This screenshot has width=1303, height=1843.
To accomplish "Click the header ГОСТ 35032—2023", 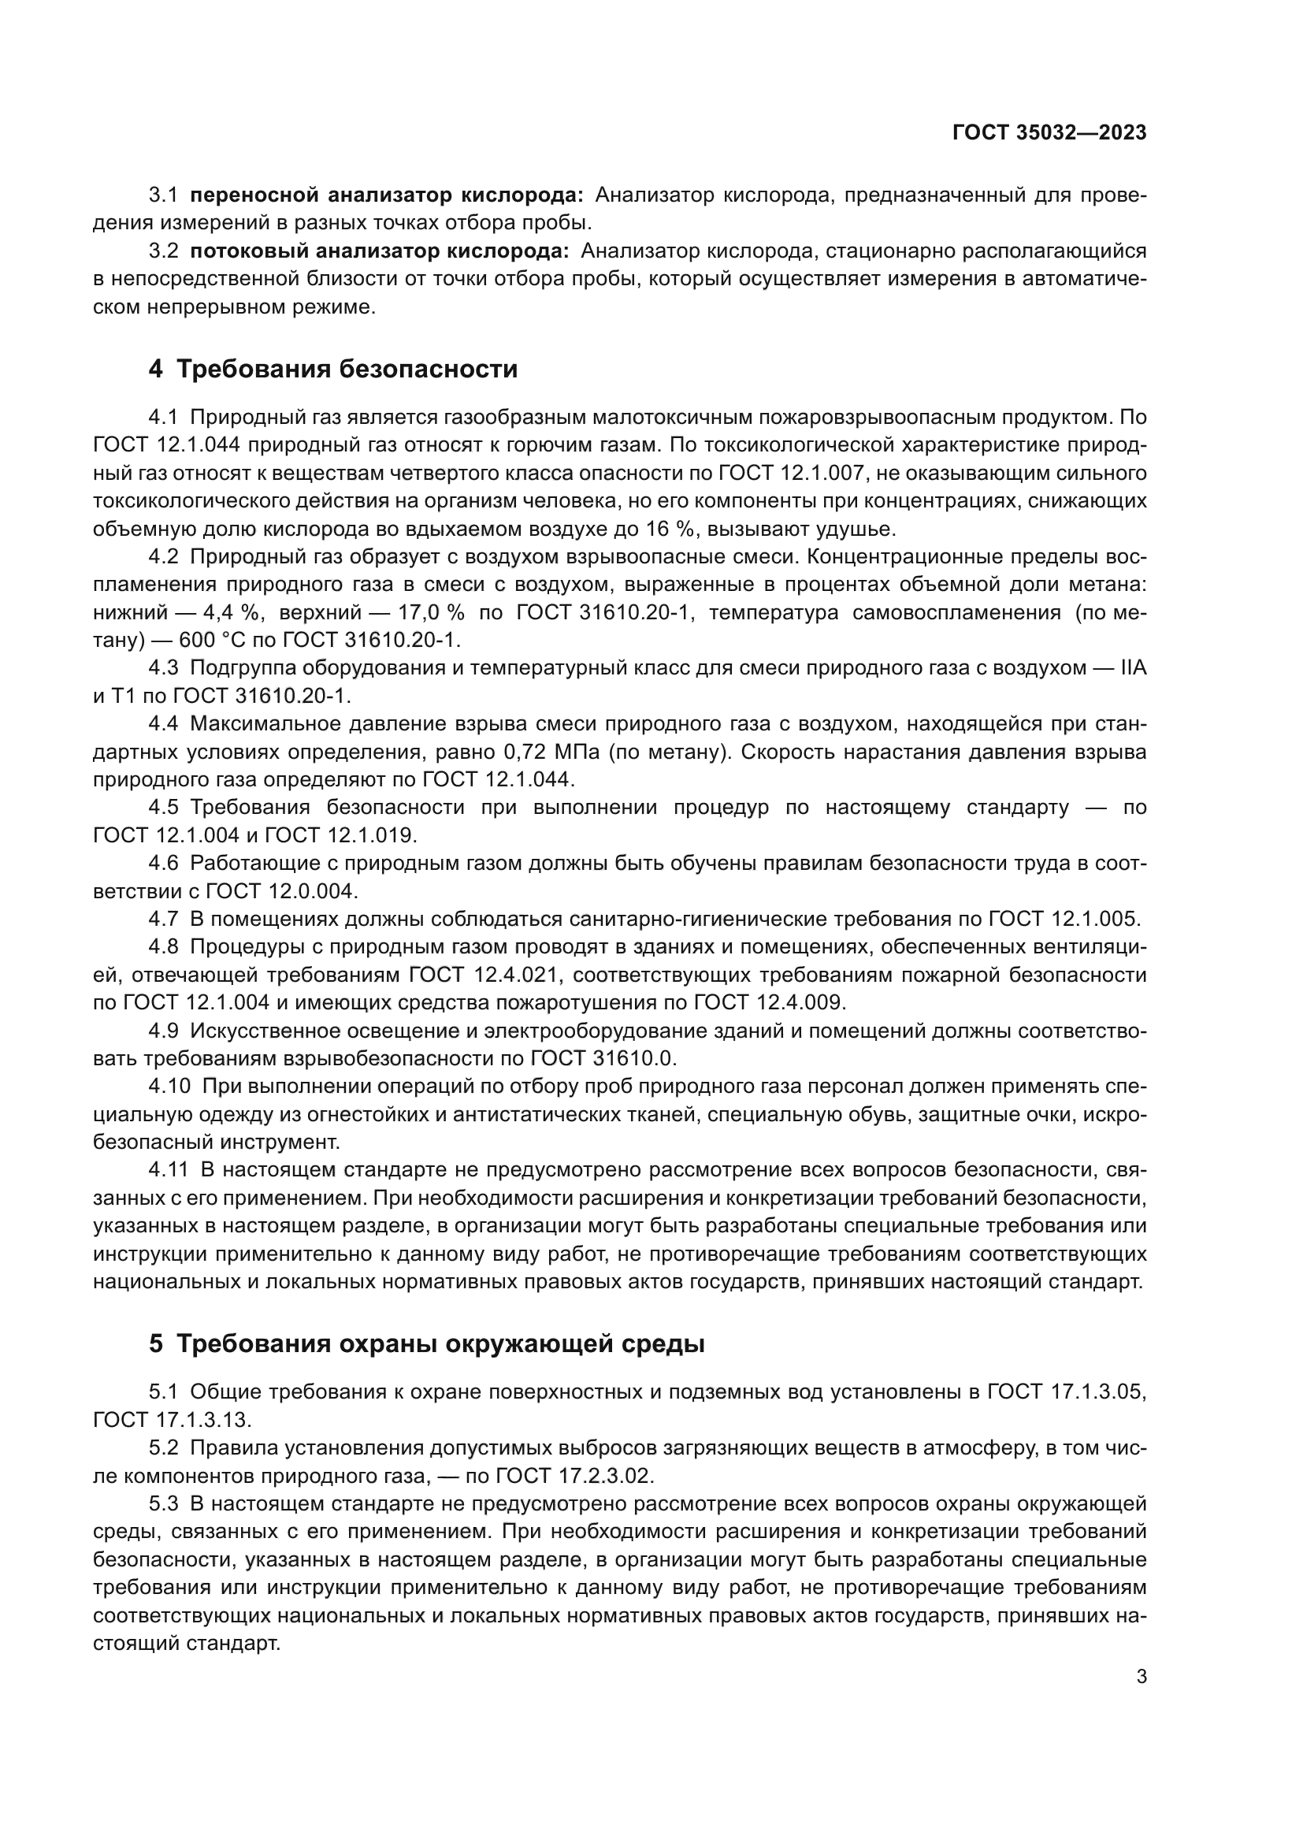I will [1049, 133].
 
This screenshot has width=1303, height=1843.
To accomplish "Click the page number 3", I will [1141, 1677].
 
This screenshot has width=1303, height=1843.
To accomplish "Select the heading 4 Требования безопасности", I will [333, 370].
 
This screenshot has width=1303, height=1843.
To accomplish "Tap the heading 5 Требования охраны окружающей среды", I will [426, 1343].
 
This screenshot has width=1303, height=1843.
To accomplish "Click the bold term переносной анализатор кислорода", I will [387, 195].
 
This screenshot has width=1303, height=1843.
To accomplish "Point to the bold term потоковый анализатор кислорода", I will [379, 251].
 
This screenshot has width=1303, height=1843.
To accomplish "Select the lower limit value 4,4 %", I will [232, 612].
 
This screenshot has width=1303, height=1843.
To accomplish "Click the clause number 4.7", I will [164, 919].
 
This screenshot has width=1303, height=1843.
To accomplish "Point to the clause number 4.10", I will [169, 1086].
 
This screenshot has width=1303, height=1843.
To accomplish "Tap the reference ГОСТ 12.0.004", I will [280, 891].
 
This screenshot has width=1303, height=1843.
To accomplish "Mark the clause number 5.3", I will [164, 1503].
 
